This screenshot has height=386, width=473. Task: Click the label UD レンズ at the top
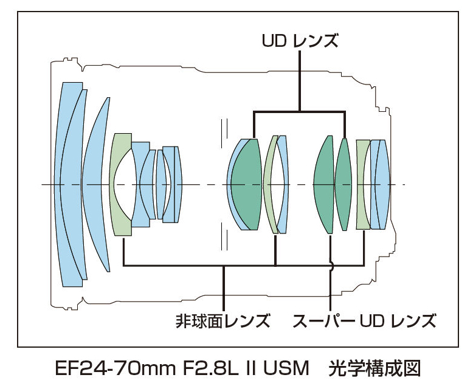tap(300, 41)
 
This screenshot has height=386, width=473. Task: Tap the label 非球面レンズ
tap(223, 320)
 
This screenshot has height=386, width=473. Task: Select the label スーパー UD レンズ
tap(364, 320)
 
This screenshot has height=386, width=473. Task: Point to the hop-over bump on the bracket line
tap(331, 266)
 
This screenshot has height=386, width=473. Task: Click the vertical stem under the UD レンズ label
tap(300, 79)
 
